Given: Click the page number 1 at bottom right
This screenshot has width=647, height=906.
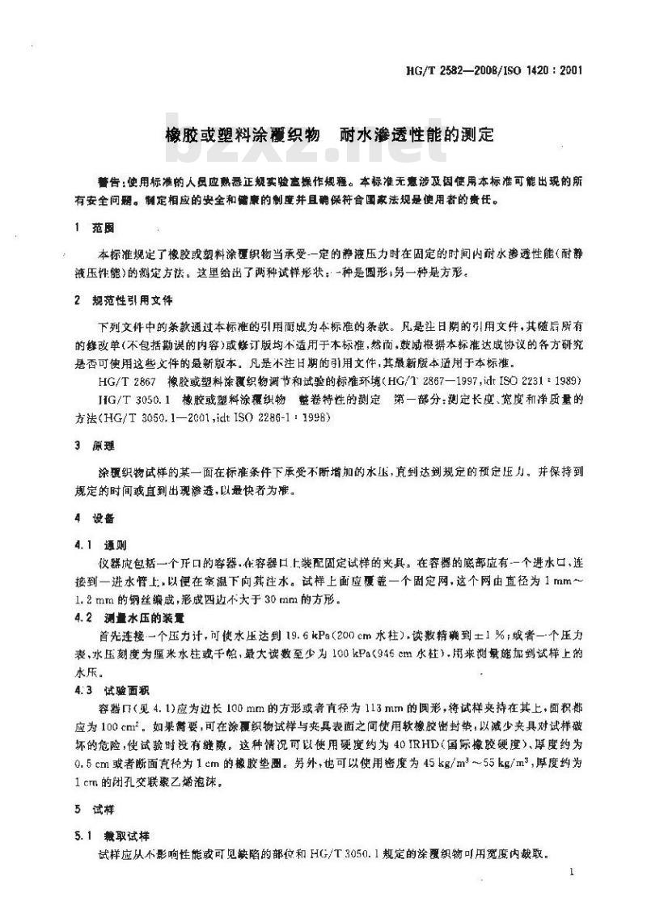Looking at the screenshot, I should click(x=570, y=871).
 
